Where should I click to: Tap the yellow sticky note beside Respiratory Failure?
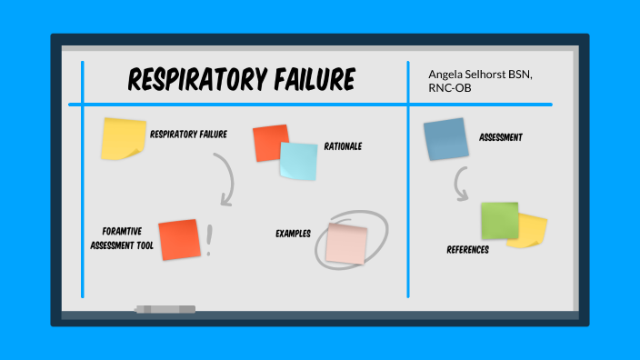click(124, 139)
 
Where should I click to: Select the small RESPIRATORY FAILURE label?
click(189, 135)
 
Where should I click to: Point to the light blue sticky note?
click(298, 161)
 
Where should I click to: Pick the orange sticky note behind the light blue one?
click(269, 142)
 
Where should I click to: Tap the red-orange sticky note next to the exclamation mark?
click(178, 238)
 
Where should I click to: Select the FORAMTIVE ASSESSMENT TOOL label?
click(121, 238)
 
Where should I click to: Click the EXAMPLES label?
click(294, 234)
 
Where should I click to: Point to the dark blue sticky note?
click(445, 139)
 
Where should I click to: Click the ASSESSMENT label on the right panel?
click(501, 137)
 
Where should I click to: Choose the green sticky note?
click(499, 220)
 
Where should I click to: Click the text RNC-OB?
click(452, 88)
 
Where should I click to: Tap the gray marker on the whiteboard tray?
click(165, 309)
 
